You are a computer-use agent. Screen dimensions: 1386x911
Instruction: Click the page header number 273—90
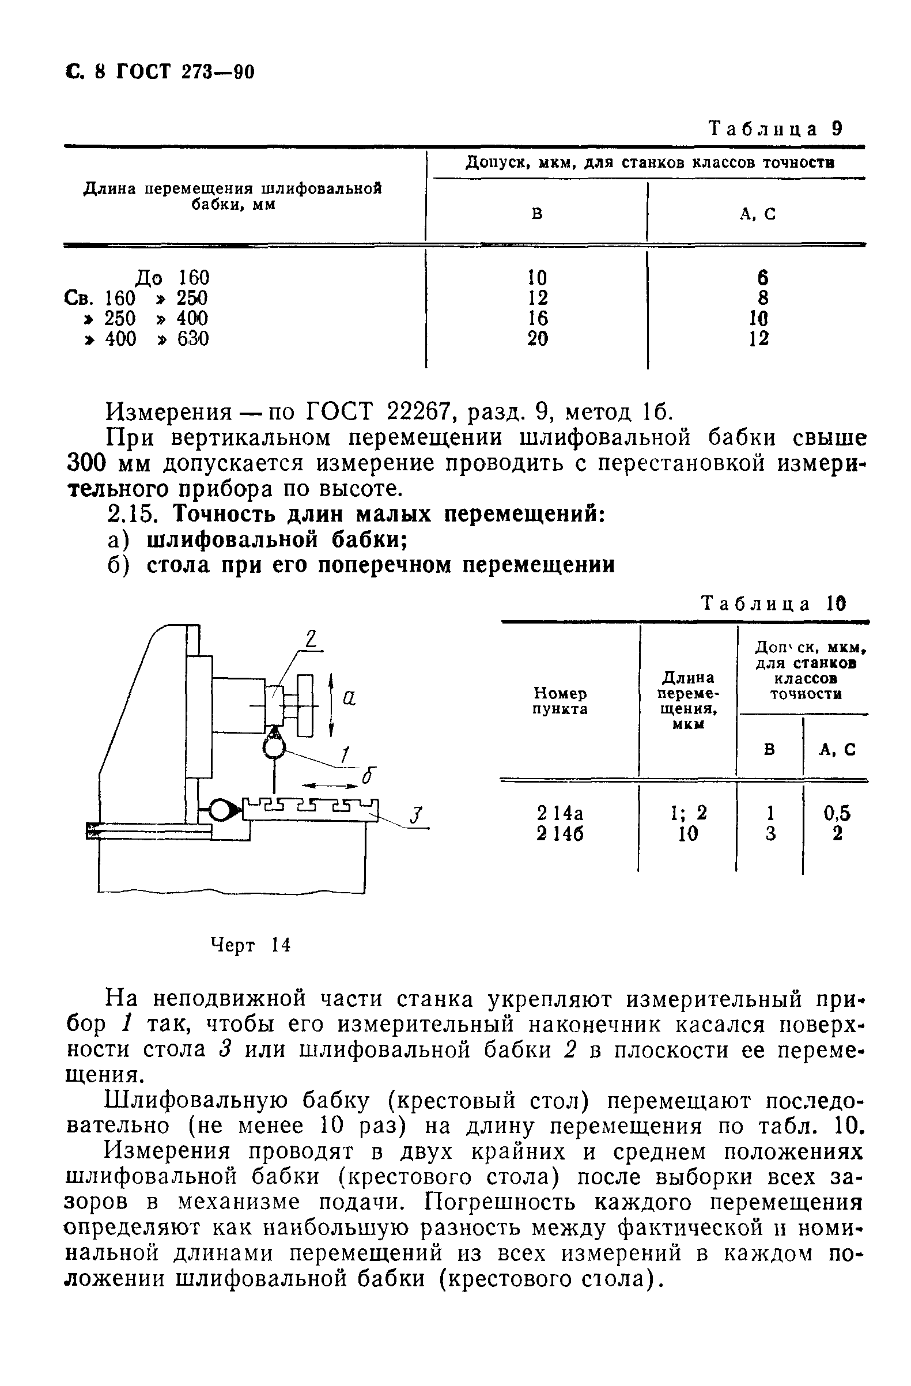tap(218, 71)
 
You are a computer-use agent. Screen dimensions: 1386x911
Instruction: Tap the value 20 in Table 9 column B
tap(537, 338)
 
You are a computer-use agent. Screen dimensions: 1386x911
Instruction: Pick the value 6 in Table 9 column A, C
tap(763, 277)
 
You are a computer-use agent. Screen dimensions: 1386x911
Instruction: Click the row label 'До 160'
tap(172, 277)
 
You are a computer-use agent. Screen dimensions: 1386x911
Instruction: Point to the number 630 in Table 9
tap(192, 338)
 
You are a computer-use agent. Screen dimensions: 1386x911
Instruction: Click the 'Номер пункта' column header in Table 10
tap(560, 701)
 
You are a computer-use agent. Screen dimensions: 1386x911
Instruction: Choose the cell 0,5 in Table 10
tap(837, 813)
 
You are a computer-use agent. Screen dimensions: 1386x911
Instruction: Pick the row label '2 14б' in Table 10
tap(560, 834)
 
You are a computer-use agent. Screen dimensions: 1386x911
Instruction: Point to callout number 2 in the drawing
tap(311, 640)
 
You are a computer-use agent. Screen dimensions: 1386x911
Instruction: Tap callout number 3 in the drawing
tap(415, 815)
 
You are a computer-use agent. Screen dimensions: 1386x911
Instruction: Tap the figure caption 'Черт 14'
tap(250, 945)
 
